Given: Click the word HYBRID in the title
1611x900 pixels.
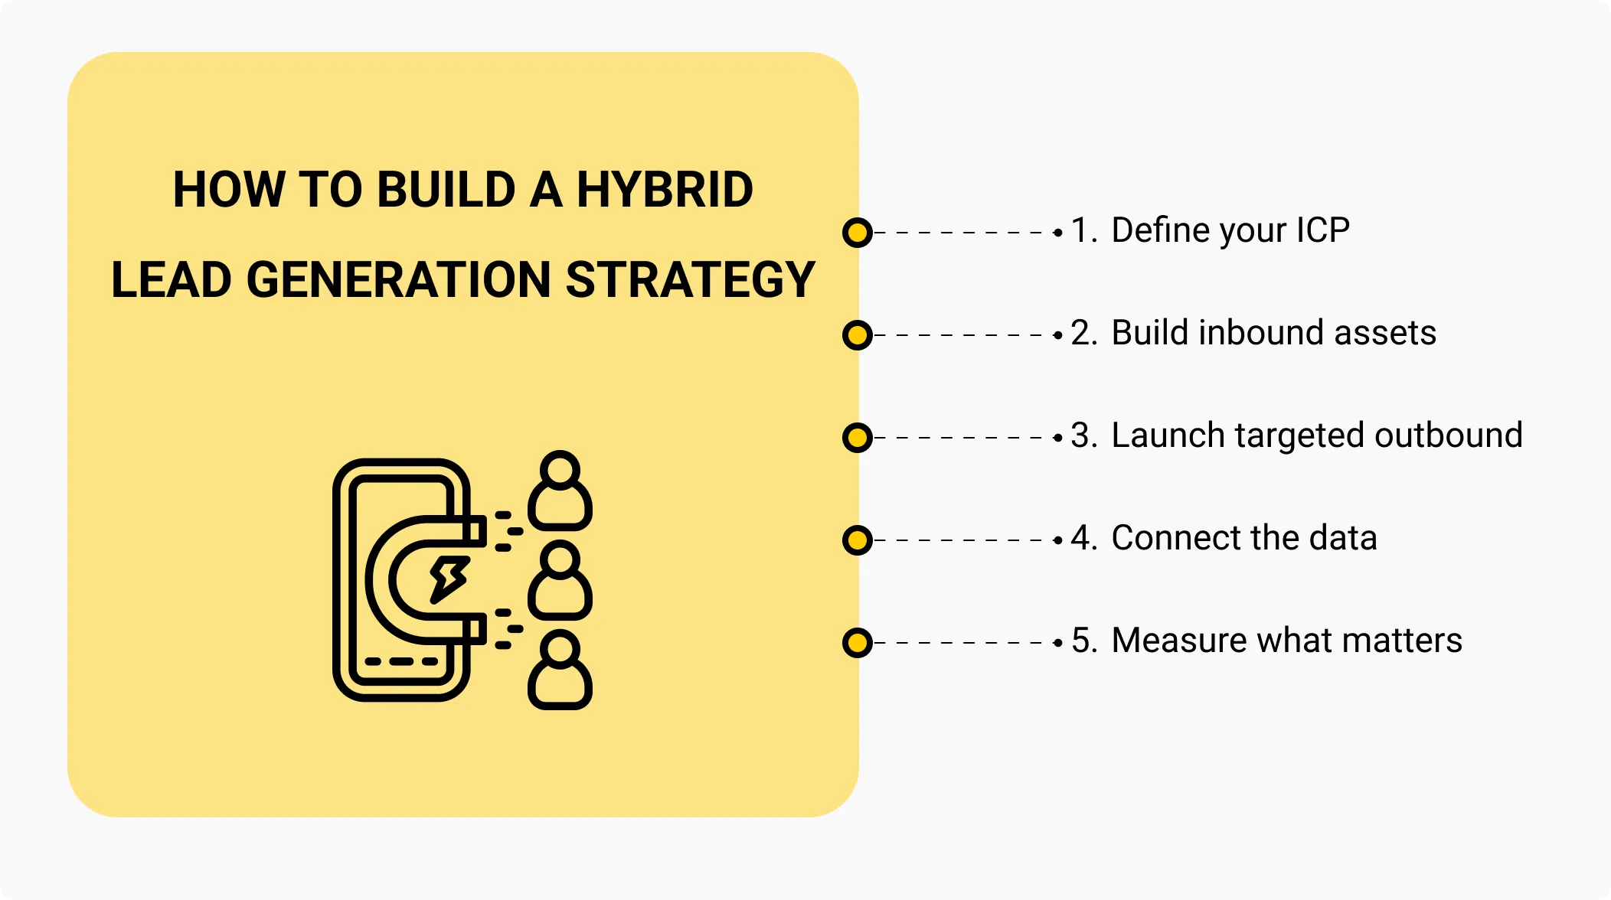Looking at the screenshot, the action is point(665,190).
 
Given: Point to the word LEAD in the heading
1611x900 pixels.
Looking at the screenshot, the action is point(172,279).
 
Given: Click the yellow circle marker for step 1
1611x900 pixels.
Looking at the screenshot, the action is point(858,232).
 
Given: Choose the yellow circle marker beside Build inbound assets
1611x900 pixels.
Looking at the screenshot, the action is point(858,334).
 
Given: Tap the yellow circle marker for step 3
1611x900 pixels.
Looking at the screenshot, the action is point(858,437).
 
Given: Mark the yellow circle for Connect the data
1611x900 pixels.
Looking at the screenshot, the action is point(858,540).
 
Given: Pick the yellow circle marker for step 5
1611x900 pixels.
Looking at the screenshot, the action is point(858,642).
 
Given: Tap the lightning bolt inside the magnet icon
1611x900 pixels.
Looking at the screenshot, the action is point(449,580).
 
